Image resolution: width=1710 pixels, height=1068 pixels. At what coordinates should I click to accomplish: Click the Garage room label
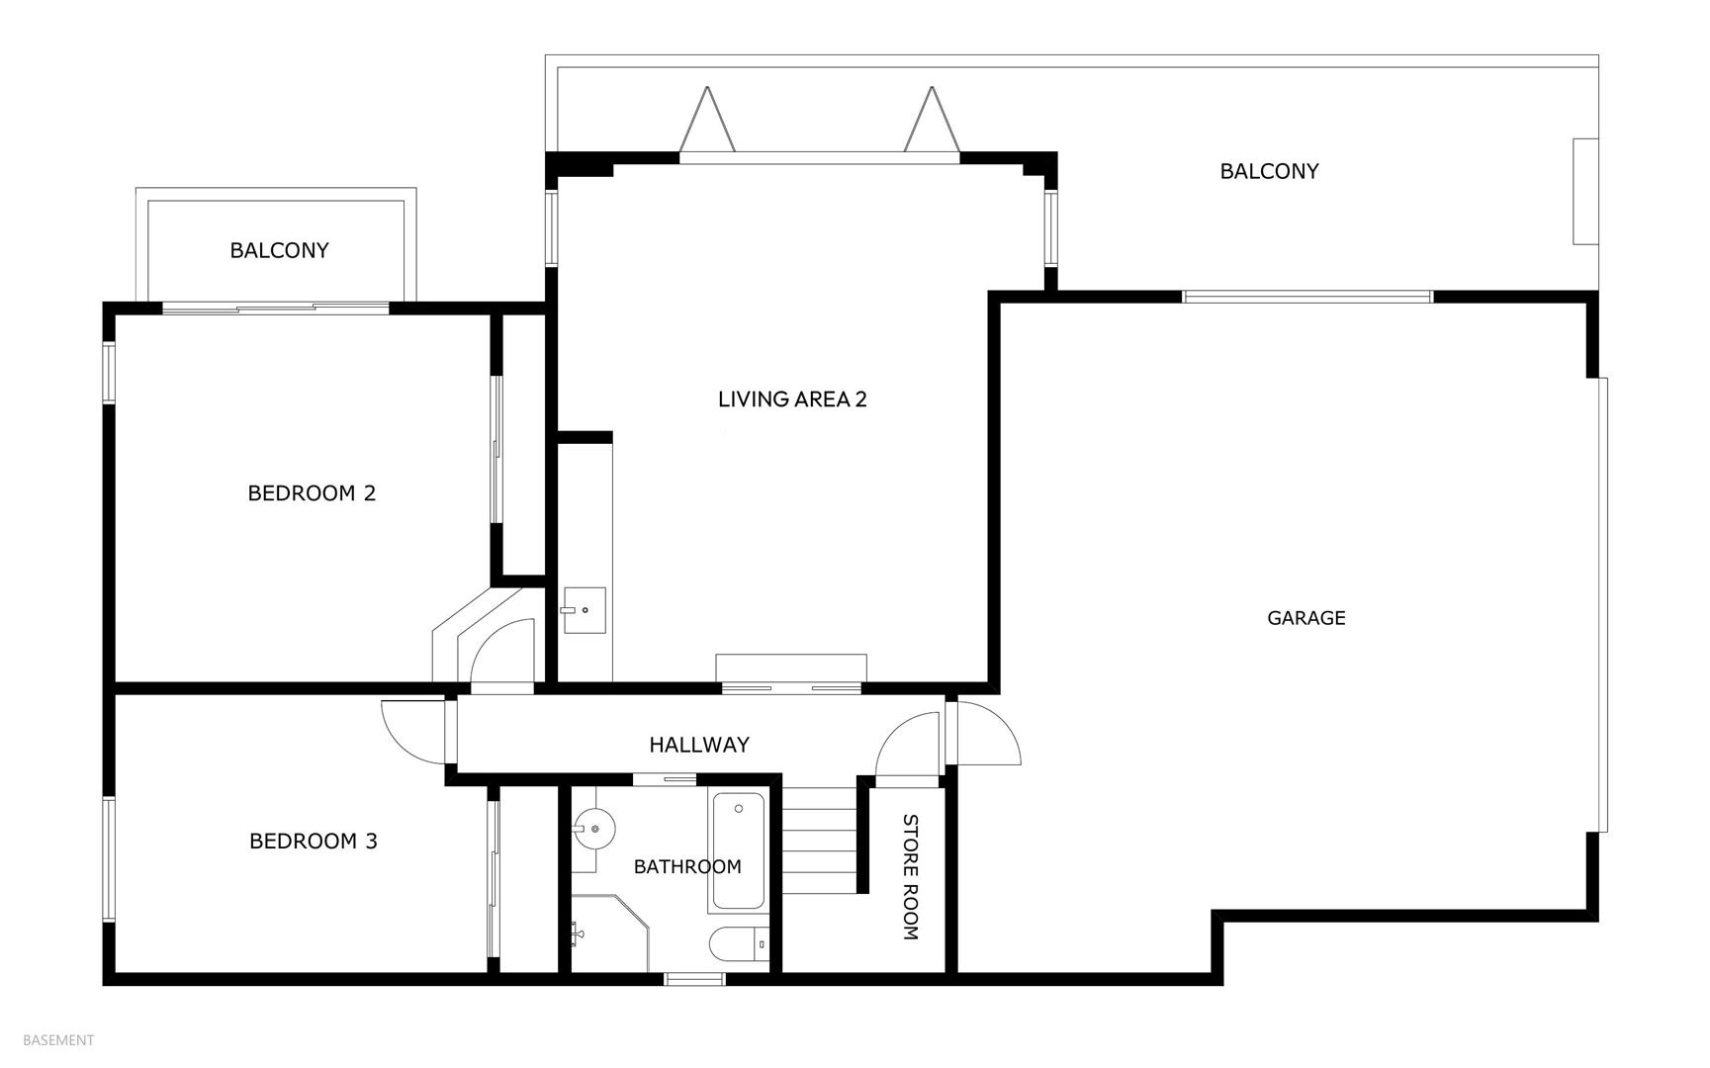[1305, 618]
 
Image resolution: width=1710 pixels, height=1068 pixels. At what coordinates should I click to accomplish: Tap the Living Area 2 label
[792, 400]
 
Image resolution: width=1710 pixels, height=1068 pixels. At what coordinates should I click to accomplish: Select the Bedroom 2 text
[312, 492]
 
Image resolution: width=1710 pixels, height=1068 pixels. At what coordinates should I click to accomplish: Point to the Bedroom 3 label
[313, 842]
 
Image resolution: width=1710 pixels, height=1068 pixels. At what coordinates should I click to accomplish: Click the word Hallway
[699, 745]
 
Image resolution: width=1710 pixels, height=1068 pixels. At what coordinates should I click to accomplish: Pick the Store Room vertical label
[911, 877]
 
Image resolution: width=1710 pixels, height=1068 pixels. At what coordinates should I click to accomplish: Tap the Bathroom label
[687, 867]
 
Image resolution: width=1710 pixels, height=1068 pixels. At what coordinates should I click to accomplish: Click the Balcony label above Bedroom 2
[279, 250]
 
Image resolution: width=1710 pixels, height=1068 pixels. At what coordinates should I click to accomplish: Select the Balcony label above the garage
[1269, 171]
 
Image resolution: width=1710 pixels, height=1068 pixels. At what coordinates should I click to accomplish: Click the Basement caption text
[58, 1040]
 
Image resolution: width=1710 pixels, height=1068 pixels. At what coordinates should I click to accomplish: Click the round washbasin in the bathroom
[594, 824]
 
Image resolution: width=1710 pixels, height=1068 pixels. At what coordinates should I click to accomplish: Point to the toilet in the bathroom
[739, 944]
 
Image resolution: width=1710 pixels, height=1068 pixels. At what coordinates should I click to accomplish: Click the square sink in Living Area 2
[584, 610]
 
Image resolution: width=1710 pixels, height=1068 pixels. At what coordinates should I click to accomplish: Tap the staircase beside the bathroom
[820, 841]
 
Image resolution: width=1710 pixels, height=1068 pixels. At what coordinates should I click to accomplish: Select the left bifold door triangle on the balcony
[707, 119]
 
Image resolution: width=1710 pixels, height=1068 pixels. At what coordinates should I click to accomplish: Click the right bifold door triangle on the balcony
[932, 119]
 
